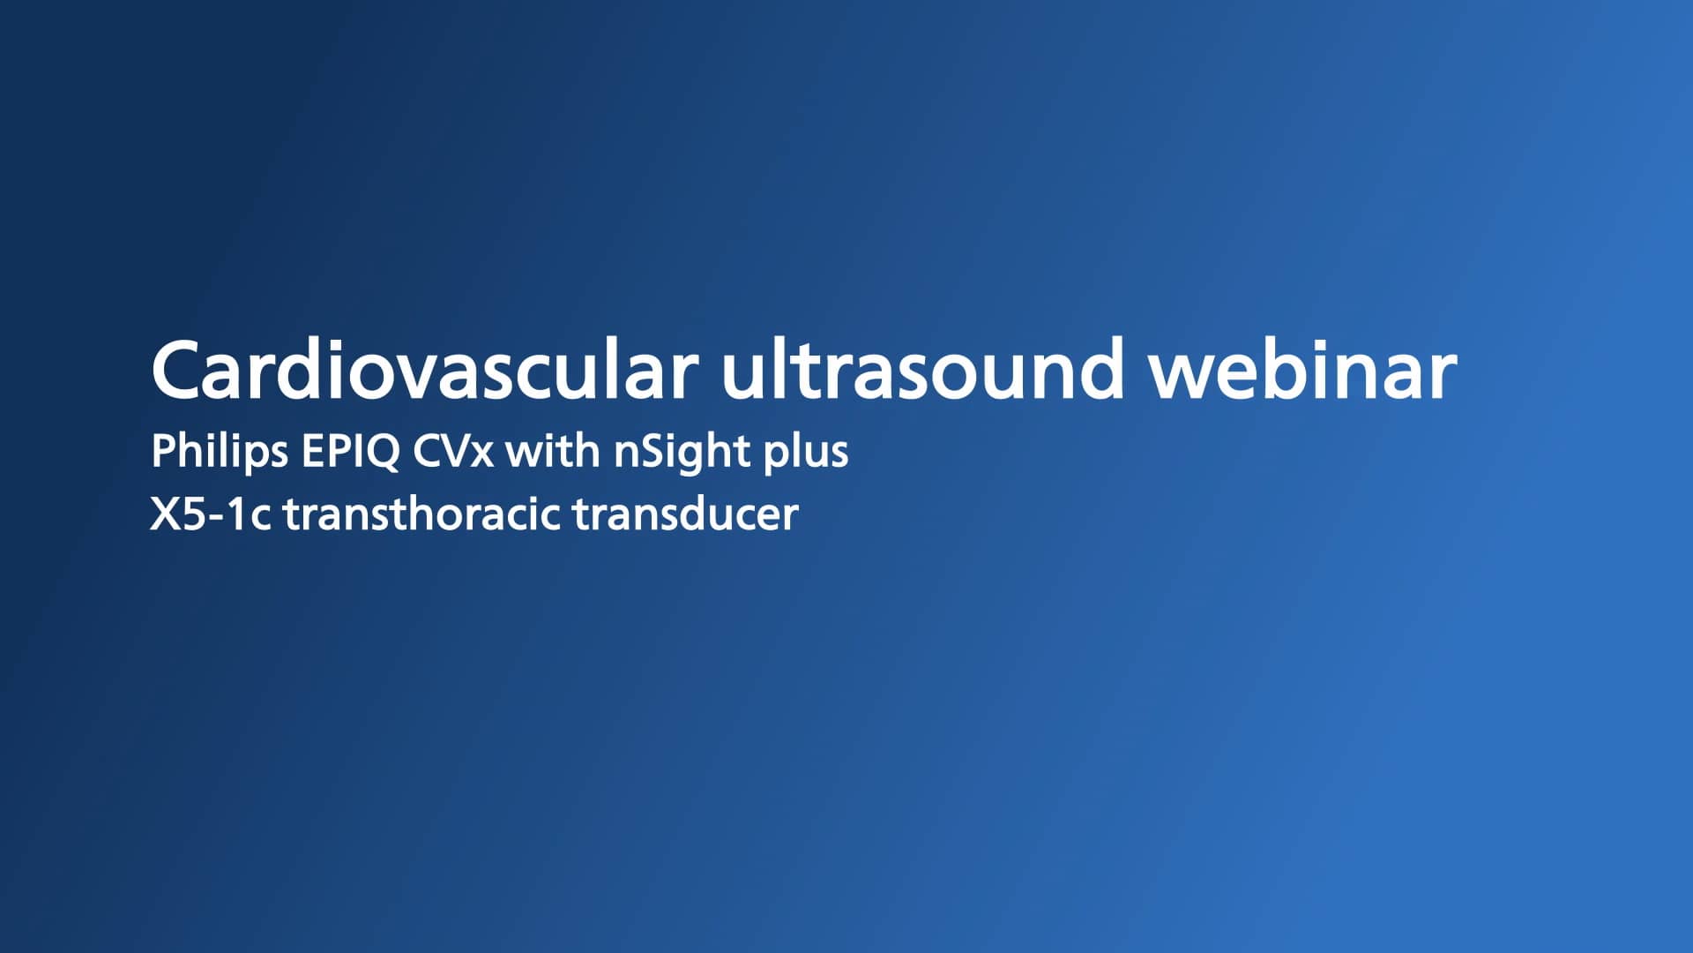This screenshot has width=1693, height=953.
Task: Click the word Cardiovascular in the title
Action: [424, 370]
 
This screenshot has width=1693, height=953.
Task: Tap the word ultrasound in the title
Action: [922, 370]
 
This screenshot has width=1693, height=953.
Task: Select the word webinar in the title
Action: [1301, 370]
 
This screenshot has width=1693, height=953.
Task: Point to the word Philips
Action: [220, 452]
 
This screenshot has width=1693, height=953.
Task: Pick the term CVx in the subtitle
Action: [453, 452]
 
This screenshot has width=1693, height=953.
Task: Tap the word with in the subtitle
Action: [553, 452]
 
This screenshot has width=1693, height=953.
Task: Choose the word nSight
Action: [682, 452]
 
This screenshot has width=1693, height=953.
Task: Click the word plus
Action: [806, 452]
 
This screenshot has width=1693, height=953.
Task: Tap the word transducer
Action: [685, 514]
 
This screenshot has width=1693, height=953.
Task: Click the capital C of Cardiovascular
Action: [180, 370]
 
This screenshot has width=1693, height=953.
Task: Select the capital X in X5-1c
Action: [165, 514]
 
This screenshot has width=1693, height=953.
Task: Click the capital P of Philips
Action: [163, 451]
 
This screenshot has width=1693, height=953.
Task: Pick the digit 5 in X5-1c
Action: [194, 514]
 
